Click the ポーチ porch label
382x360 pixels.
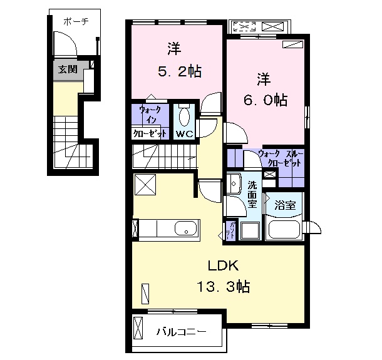pos(75,21)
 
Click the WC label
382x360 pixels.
pos(184,134)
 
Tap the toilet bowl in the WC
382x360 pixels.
pos(184,117)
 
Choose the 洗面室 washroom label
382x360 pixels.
pos(252,195)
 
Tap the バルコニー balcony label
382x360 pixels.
pos(181,331)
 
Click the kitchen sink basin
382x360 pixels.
pos(185,229)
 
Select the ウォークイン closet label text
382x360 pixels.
pos(150,122)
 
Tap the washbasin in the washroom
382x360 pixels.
pos(236,184)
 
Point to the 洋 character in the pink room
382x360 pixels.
pos(173,48)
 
